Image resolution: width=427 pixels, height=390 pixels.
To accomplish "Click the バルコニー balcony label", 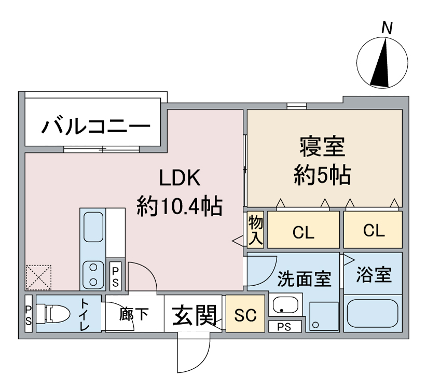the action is click(95, 126).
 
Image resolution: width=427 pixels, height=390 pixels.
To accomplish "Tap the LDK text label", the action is click(180, 177).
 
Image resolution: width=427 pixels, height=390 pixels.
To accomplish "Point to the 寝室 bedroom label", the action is click(323, 147).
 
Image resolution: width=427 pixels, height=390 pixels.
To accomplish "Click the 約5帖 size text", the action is click(322, 175).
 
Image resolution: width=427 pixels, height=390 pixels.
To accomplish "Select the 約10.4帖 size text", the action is click(180, 206).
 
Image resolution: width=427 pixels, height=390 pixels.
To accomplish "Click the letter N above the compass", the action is click(387, 28).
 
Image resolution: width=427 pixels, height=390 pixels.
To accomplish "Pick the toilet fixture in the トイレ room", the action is click(53, 314).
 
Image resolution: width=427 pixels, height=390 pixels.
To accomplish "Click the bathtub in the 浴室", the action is click(373, 314).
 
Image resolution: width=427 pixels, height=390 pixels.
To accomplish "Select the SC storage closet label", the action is click(245, 315).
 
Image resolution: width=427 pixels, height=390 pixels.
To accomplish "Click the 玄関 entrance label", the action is click(195, 315).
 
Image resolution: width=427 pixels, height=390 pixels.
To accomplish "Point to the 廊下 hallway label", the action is click(134, 314).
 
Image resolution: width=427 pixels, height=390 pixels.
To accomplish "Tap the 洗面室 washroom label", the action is click(304, 278).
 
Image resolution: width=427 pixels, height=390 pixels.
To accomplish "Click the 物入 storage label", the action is click(255, 230).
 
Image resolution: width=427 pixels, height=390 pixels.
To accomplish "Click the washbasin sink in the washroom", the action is click(286, 305).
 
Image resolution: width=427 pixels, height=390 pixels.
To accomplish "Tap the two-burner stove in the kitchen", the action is click(93, 274).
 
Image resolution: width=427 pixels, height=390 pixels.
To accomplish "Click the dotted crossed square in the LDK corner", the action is click(39, 277).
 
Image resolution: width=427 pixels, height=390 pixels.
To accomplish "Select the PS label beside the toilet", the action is click(29, 315).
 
